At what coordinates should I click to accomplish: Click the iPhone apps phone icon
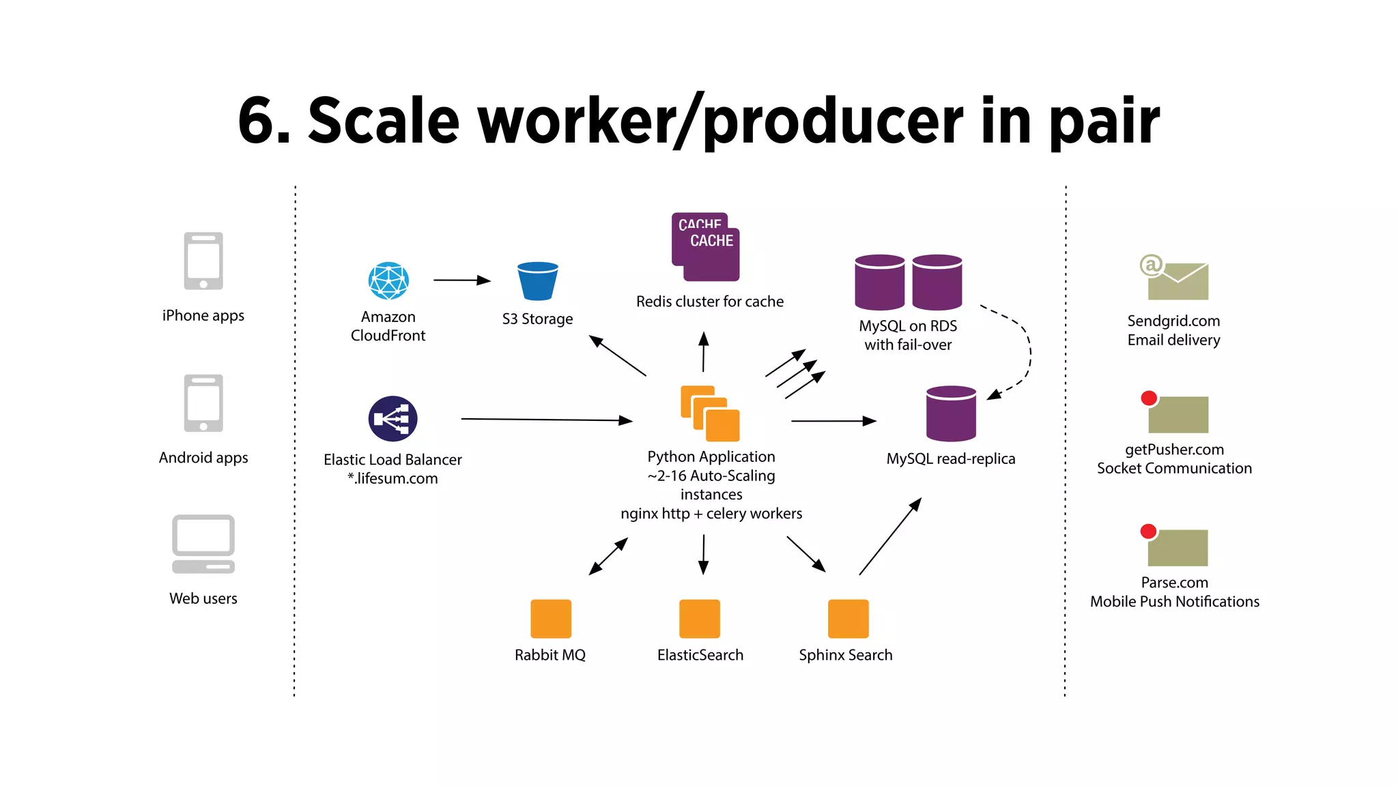click(203, 261)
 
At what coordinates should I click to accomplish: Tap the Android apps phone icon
click(203, 403)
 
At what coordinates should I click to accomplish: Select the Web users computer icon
click(203, 544)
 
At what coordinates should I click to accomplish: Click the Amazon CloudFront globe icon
click(388, 281)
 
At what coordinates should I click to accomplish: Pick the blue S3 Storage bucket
click(538, 281)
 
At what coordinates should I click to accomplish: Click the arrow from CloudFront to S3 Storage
click(462, 280)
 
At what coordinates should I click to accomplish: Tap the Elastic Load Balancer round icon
click(393, 419)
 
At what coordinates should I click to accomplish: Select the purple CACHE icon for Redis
click(706, 247)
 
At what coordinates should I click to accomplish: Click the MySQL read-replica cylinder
click(951, 413)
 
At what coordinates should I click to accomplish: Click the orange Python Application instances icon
click(710, 413)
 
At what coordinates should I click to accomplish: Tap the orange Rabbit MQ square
click(551, 619)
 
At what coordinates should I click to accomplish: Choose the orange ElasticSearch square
click(700, 619)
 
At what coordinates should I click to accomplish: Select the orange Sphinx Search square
click(848, 619)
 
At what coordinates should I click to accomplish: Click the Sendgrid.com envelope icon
click(1177, 280)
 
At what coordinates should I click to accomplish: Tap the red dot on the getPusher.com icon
click(1149, 398)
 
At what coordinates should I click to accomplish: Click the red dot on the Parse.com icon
click(1148, 531)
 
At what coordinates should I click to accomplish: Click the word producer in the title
click(833, 121)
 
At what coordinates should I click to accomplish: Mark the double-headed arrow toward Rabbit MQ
click(608, 556)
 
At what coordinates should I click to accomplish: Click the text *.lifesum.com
click(393, 478)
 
